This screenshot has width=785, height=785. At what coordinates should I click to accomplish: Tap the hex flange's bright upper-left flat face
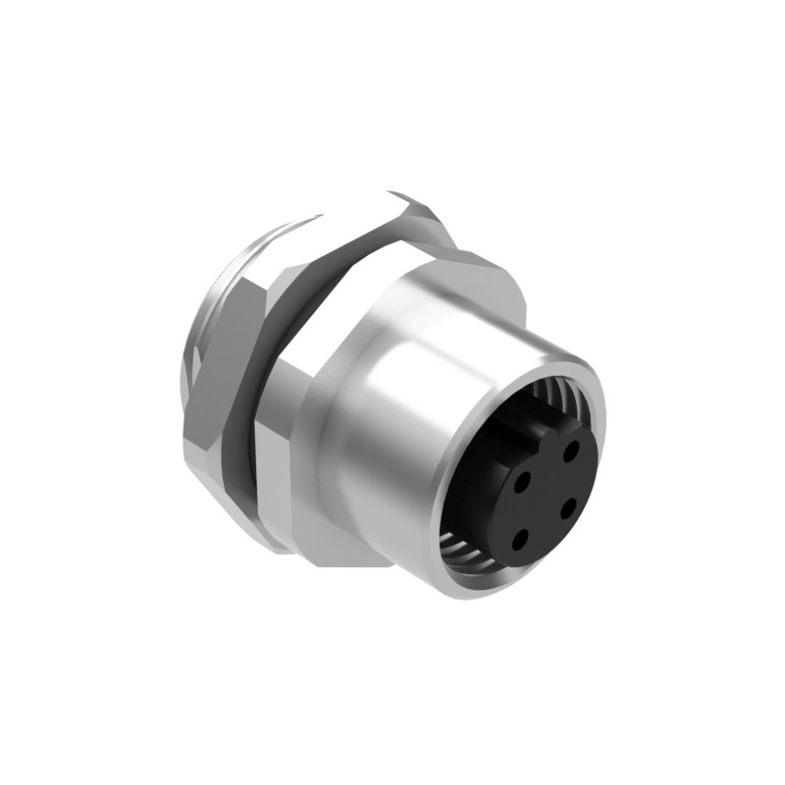334,294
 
